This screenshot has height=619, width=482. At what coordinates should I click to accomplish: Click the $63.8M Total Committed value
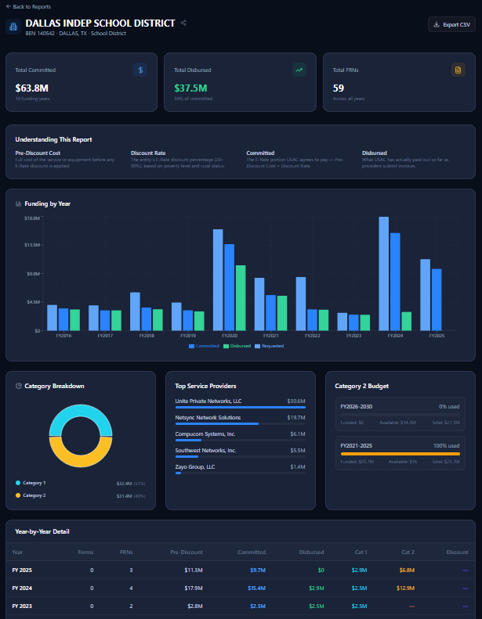tap(32, 88)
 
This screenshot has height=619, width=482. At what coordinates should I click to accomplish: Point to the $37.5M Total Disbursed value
tap(190, 88)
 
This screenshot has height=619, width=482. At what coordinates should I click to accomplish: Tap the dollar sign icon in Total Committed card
tap(140, 70)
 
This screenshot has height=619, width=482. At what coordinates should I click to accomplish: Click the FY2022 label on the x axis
tap(312, 336)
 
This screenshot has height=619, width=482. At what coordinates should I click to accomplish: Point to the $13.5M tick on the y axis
tap(32, 245)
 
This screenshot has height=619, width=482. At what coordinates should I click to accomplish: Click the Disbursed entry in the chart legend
tap(237, 346)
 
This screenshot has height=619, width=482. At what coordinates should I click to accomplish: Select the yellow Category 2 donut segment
tap(81, 452)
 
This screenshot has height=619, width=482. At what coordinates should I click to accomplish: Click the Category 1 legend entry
tap(34, 483)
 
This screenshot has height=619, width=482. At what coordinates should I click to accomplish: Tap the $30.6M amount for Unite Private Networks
tap(296, 401)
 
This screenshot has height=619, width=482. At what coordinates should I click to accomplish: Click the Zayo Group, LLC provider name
tap(195, 466)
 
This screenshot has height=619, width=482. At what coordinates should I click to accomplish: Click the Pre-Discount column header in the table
tap(187, 552)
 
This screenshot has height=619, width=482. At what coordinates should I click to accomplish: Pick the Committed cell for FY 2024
tap(257, 588)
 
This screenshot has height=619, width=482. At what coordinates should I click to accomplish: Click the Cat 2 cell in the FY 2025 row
tap(408, 570)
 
